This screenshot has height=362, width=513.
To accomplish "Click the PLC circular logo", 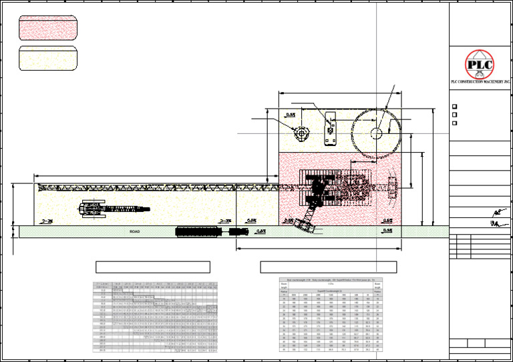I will (480, 65).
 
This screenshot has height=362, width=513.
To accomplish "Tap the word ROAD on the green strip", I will (135, 231).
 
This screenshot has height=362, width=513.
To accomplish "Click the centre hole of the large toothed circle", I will (376, 133).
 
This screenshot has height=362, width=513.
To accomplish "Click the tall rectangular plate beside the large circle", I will (329, 129).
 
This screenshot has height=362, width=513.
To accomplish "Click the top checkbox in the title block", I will (455, 107).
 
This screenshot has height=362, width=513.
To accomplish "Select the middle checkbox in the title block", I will (455, 115).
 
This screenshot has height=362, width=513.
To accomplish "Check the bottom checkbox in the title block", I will (455, 123).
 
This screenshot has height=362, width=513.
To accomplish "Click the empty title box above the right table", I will (328, 267).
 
